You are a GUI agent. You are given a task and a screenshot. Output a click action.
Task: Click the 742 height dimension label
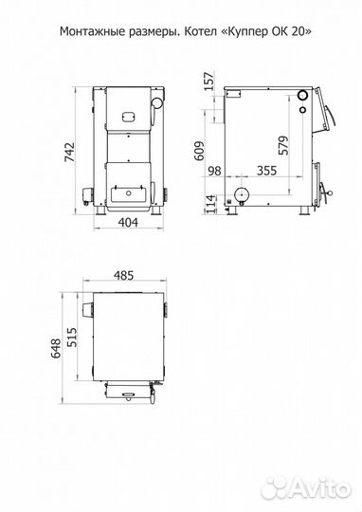pyautogui.click(x=70, y=152)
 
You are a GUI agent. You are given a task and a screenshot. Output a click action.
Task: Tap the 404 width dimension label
pyautogui.click(x=128, y=223)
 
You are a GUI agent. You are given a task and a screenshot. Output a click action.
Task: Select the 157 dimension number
pyautogui.click(x=210, y=81)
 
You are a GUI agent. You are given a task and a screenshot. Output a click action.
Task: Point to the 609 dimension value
pyautogui.click(x=199, y=151)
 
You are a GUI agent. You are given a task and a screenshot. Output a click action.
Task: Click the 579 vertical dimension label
pyautogui.click(x=283, y=145)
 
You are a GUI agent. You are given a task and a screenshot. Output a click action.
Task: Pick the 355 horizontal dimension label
pyautogui.click(x=266, y=171)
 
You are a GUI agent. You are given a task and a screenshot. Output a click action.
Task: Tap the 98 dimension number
pyautogui.click(x=214, y=171)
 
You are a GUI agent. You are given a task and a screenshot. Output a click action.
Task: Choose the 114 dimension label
pyautogui.click(x=211, y=204)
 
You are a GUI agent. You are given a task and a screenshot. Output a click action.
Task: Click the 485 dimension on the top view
pyautogui.click(x=124, y=276)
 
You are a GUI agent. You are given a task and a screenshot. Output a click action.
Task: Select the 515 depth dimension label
pyautogui.click(x=71, y=338)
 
